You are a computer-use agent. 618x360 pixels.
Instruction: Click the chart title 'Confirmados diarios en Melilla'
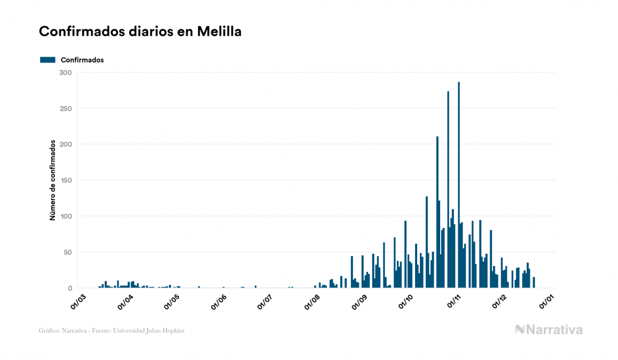[x=140, y=32]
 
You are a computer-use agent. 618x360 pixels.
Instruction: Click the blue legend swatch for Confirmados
[x=48, y=60]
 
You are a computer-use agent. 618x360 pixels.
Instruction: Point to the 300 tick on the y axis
[x=66, y=73]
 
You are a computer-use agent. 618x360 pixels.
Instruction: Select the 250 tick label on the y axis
[x=66, y=108]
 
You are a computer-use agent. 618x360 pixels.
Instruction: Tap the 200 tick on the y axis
[x=66, y=144]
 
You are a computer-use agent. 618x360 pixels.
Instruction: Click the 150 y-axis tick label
[x=66, y=181]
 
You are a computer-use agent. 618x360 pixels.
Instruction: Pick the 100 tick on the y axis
[x=66, y=216]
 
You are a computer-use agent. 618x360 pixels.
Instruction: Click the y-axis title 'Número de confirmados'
[x=53, y=181]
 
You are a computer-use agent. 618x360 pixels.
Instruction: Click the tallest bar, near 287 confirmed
[x=459, y=185]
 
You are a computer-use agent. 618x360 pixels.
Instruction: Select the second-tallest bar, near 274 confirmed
[x=448, y=190]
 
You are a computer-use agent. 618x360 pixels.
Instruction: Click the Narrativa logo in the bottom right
[x=549, y=330]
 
